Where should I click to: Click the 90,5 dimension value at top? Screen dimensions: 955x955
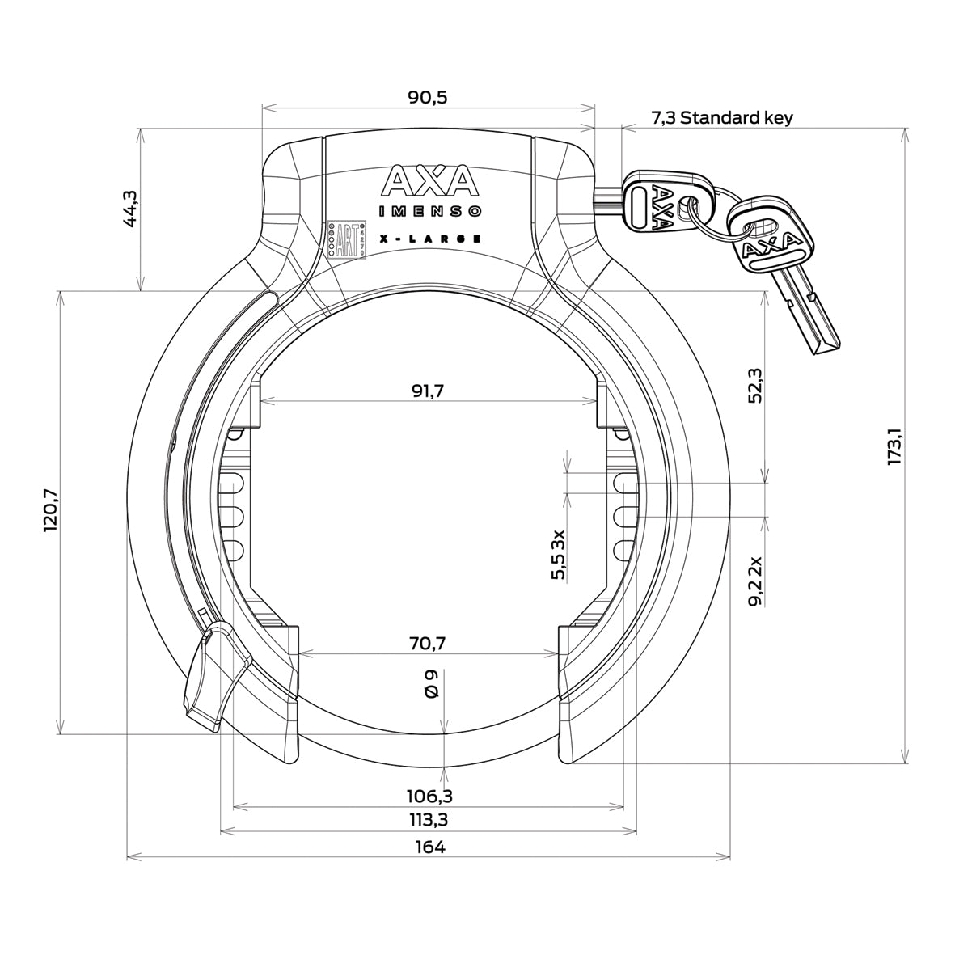point(429,97)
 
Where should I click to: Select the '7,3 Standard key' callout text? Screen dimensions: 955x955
point(721,118)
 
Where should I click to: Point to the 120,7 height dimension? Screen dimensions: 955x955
point(51,513)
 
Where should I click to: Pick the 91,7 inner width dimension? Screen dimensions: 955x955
point(429,391)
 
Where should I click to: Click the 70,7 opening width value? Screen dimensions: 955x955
point(429,644)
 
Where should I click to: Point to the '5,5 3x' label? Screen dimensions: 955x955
point(558,555)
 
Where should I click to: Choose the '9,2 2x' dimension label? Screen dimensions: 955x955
point(755,581)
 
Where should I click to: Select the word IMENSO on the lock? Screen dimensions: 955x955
point(430,212)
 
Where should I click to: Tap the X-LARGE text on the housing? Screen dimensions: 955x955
point(430,239)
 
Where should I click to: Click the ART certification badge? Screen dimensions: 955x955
point(346,240)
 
